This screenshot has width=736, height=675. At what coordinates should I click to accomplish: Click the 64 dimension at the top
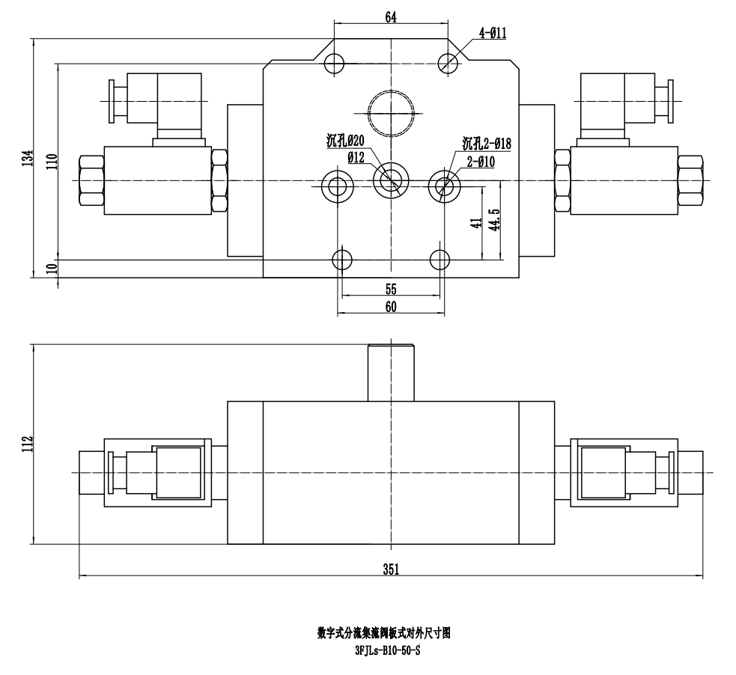pos(391,18)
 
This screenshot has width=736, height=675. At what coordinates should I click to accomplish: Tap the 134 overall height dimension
pos(28,158)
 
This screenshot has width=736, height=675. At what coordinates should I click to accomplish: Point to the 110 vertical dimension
pos(51,162)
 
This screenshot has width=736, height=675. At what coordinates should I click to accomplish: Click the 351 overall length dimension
pos(391,569)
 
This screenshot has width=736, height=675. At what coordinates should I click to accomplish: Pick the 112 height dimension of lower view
pos(28,445)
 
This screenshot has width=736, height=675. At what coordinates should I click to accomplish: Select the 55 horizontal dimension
pos(391,288)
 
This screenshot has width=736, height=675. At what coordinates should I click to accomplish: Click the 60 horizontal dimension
pos(391,306)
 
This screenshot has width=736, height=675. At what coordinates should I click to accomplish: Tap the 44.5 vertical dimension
pos(494,221)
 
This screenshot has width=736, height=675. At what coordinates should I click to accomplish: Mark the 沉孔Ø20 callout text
pos(344,141)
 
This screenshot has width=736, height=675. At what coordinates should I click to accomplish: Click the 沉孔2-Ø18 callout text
pos(486,143)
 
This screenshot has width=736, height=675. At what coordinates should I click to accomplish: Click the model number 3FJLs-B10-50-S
pos(387,650)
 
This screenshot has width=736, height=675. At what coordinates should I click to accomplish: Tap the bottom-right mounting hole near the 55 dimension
pos(440,260)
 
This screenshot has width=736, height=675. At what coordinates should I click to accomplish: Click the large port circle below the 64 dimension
pos(391,113)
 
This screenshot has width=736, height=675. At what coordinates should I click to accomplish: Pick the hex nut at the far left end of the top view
pos(91,180)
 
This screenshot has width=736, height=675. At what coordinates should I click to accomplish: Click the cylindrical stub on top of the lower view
pos(391,373)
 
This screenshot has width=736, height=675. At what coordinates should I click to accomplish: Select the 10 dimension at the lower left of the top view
pos(51,269)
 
